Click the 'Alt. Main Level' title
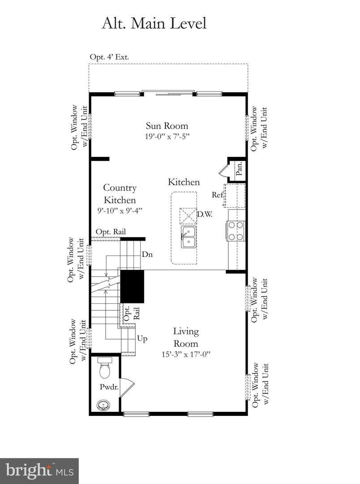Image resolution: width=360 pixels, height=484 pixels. (x=154, y=24)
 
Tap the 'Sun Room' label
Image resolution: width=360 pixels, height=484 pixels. (x=167, y=126)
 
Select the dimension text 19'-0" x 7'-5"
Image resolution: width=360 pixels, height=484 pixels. (x=167, y=136)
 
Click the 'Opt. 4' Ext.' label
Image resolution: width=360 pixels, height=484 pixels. (x=109, y=57)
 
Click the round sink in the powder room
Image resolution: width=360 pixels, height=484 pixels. (x=103, y=405)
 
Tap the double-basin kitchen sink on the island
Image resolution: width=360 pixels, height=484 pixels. (x=189, y=237)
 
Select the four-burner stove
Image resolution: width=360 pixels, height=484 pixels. (x=236, y=231)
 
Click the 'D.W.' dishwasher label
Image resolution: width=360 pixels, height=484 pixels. (x=205, y=214)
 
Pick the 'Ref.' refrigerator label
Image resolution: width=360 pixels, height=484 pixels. (x=218, y=195)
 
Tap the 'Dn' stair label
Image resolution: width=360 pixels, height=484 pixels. (x=147, y=255)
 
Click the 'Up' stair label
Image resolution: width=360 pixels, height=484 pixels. (x=142, y=339)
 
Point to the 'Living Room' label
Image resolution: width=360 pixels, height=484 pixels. (x=186, y=337)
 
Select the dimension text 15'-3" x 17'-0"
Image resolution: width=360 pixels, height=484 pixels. (x=186, y=354)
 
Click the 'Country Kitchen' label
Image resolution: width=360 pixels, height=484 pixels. (x=120, y=194)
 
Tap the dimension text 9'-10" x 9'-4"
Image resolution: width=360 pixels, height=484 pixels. (x=120, y=211)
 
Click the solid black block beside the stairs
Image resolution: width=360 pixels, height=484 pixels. (x=132, y=286)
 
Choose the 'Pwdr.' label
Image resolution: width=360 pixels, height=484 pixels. (x=109, y=387)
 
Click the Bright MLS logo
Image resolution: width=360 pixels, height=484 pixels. (x=39, y=471)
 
